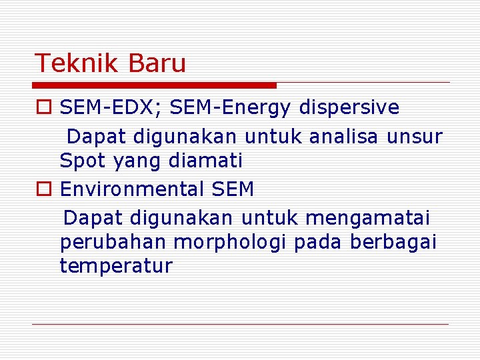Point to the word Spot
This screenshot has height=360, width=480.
coord(83,161)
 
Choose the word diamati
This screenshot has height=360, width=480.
coord(207,161)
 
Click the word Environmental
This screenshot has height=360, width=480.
coord(132,189)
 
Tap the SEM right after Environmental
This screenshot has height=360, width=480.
coord(233,189)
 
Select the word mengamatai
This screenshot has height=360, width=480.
coord(367,218)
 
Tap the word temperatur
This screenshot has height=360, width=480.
coord(116,266)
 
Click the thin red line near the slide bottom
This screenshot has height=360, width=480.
coord(240,324)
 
